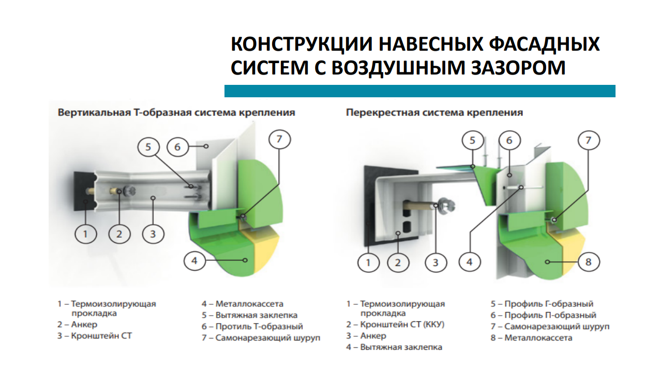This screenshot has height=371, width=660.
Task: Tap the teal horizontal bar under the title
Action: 420,91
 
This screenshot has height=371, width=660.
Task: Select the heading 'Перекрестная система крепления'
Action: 434,113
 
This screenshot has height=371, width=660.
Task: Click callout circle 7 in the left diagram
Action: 280,139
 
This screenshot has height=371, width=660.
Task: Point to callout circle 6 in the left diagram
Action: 177,146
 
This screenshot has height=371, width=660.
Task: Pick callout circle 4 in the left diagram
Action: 194,260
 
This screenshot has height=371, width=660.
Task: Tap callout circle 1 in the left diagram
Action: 85,234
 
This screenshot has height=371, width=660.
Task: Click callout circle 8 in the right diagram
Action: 589,262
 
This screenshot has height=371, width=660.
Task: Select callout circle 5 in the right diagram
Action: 473,140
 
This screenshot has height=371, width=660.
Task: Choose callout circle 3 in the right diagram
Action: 436,262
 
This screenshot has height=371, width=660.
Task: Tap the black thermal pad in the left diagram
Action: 83,191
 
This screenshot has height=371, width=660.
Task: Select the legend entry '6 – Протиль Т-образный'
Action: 252,327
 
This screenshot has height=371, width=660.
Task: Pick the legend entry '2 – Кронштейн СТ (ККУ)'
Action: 395,324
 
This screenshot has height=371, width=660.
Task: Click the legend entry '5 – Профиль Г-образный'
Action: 542,304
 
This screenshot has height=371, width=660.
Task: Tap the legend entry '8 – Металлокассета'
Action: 531,338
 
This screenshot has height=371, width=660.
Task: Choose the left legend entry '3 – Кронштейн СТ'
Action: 95,336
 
